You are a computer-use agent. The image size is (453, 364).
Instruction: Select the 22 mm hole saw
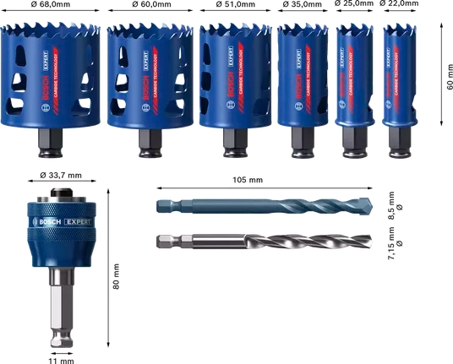[x=400, y=76]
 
